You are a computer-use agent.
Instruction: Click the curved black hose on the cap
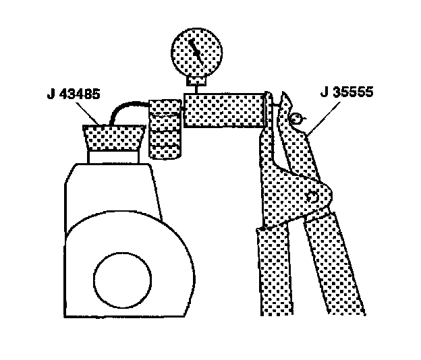tap(128, 109)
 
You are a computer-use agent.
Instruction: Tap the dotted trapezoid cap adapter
tap(113, 138)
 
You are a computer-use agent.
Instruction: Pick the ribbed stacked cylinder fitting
tap(164, 128)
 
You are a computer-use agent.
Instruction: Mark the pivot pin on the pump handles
tap(311, 197)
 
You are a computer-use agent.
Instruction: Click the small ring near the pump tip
tap(296, 119)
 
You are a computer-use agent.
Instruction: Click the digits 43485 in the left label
tap(80, 94)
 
